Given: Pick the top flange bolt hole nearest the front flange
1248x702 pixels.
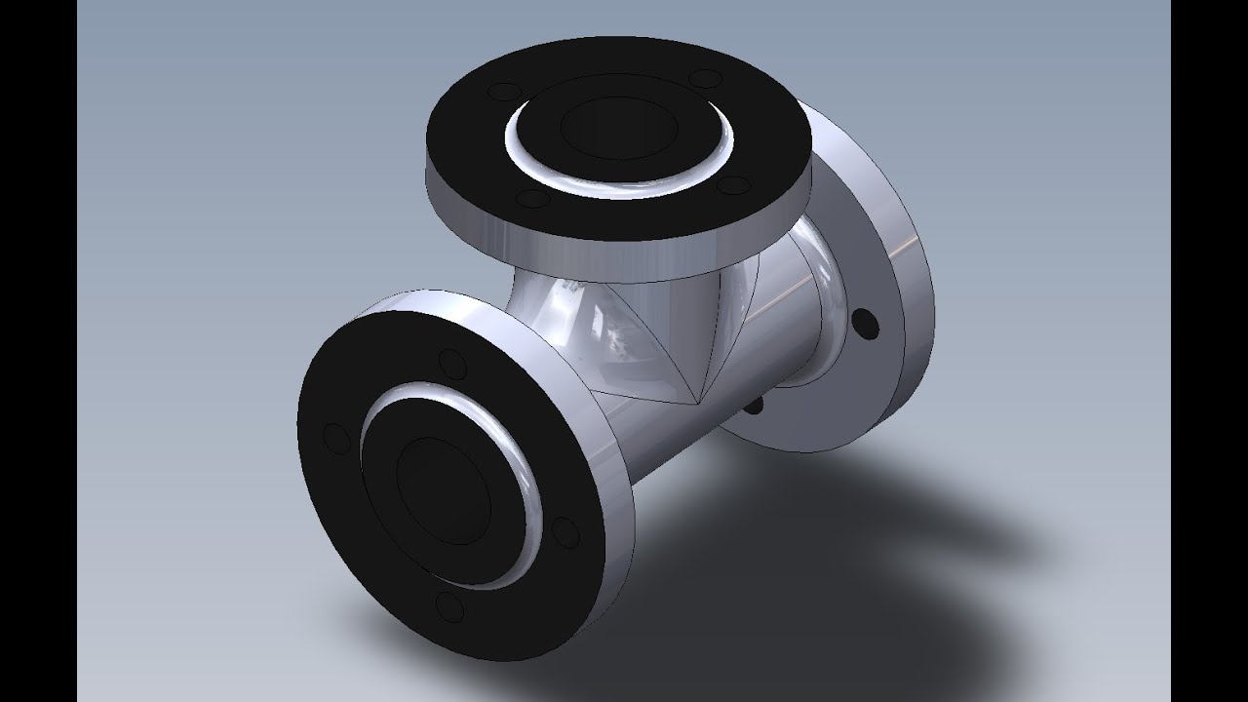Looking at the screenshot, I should pyautogui.click(x=532, y=199).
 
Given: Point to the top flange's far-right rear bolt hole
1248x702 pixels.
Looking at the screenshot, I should pyautogui.click(x=705, y=79).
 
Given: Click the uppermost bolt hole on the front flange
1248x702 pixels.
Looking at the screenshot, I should pyautogui.click(x=451, y=368).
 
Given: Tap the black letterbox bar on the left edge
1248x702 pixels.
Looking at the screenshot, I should pyautogui.click(x=38, y=351).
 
